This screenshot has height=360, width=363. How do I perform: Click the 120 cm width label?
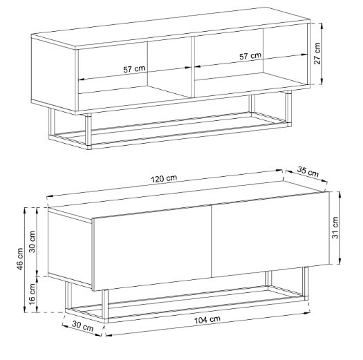pyautogui.click(x=164, y=178)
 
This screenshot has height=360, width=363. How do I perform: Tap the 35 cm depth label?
pyautogui.click(x=308, y=171)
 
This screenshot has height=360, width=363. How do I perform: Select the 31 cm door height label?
pyautogui.click(x=335, y=227)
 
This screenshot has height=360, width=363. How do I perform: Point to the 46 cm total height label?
pyautogui.click(x=20, y=259)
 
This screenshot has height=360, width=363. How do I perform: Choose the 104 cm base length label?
pyautogui.click(x=207, y=320)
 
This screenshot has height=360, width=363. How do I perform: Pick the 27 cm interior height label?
pyautogui.click(x=317, y=53)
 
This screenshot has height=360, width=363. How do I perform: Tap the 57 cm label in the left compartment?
pyautogui.click(x=134, y=69)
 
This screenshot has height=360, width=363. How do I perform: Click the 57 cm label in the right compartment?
pyautogui.click(x=250, y=56)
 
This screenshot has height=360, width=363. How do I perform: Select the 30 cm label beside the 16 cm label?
pyautogui.click(x=32, y=242)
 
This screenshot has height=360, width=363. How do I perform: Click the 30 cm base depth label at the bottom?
pyautogui.click(x=83, y=326)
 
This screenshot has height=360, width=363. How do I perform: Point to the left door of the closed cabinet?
pyautogui.click(x=152, y=248)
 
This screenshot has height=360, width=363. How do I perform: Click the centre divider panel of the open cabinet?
pyautogui.click(x=193, y=66)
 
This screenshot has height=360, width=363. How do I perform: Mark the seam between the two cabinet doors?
pyautogui.click(x=212, y=241)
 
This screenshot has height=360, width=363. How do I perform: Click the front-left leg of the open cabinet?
pyautogui.click(x=89, y=131)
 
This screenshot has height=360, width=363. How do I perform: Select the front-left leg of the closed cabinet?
pyautogui.click(x=105, y=306)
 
